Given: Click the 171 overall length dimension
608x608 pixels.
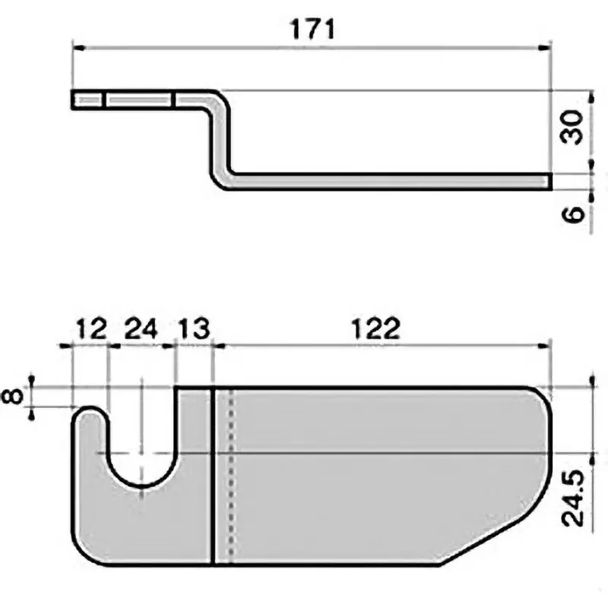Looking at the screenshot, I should (312, 29).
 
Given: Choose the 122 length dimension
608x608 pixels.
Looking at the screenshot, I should (376, 329).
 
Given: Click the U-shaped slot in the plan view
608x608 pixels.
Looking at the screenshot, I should (141, 456).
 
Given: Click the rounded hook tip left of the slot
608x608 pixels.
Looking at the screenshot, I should (90, 416).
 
